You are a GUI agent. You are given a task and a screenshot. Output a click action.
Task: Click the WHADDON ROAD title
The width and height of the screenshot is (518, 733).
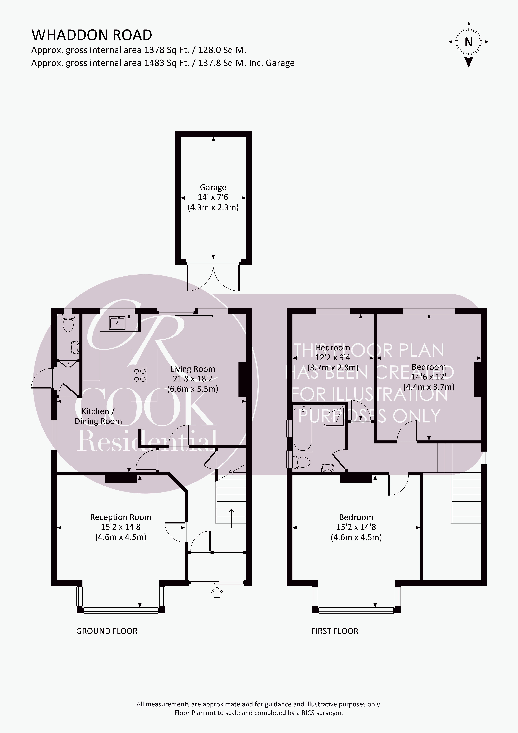(x=92, y=35)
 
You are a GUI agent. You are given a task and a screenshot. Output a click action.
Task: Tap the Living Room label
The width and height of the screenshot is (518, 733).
(x=192, y=369)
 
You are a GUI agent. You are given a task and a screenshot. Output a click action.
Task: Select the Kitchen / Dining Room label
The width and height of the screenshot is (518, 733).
(x=98, y=416)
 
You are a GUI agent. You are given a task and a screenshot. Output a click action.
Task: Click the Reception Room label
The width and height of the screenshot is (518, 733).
(x=120, y=517)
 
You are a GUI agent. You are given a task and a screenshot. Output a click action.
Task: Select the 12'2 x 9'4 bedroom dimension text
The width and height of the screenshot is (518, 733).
(x=333, y=358)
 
